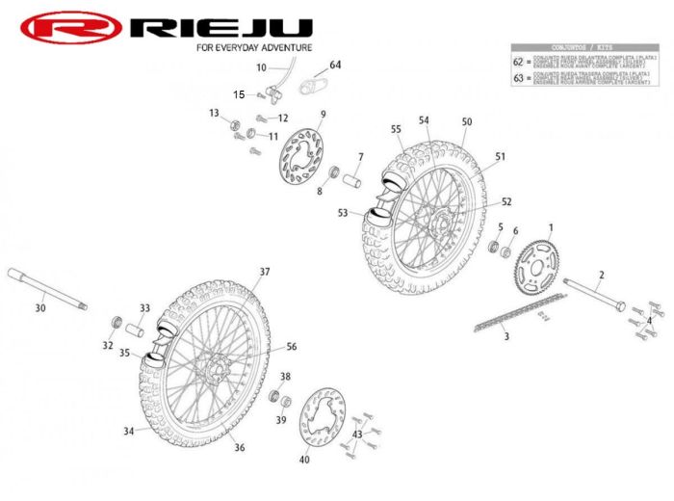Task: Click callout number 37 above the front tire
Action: (x=264, y=272)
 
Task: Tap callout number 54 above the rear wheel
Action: (x=423, y=120)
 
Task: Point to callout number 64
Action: (x=335, y=65)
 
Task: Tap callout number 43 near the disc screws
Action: (x=356, y=435)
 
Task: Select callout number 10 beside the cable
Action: (x=261, y=67)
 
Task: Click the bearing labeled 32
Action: (x=115, y=322)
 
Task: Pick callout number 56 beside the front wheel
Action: (x=291, y=347)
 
